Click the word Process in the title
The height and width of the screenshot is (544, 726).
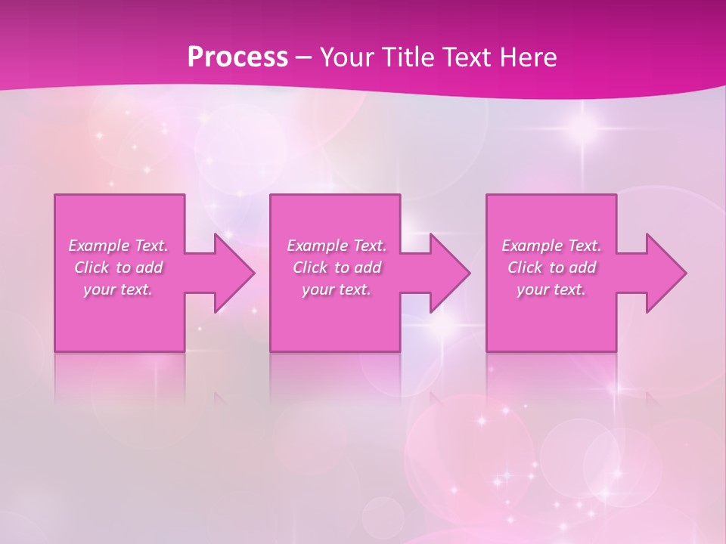tap(237, 57)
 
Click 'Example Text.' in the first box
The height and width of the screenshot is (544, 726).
tap(118, 246)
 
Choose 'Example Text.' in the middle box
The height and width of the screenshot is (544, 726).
tap(337, 246)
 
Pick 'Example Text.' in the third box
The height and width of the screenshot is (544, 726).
tap(551, 246)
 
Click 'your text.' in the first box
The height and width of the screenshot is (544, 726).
tap(118, 289)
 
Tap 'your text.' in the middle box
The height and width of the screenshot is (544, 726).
tap(337, 289)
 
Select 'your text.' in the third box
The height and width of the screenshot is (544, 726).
tap(551, 289)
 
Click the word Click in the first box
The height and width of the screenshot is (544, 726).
tap(92, 267)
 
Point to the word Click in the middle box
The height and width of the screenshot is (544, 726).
tap(310, 267)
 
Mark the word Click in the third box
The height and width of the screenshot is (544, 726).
tap(525, 267)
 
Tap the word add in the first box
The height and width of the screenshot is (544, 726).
tap(150, 267)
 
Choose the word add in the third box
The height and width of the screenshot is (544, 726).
tap(584, 267)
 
